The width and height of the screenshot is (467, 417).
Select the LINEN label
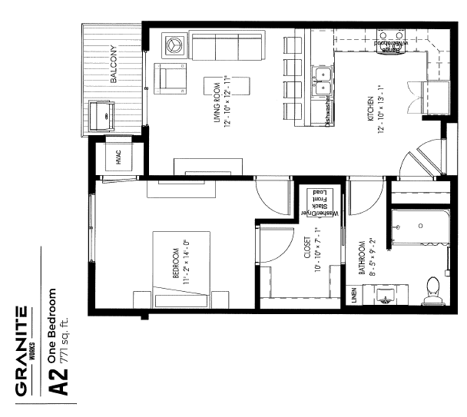click(354, 296)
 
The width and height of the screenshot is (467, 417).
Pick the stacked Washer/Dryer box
click(316, 202)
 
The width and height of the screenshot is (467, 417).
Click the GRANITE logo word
click(22, 353)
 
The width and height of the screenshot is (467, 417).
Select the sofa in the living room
click(228, 45)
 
